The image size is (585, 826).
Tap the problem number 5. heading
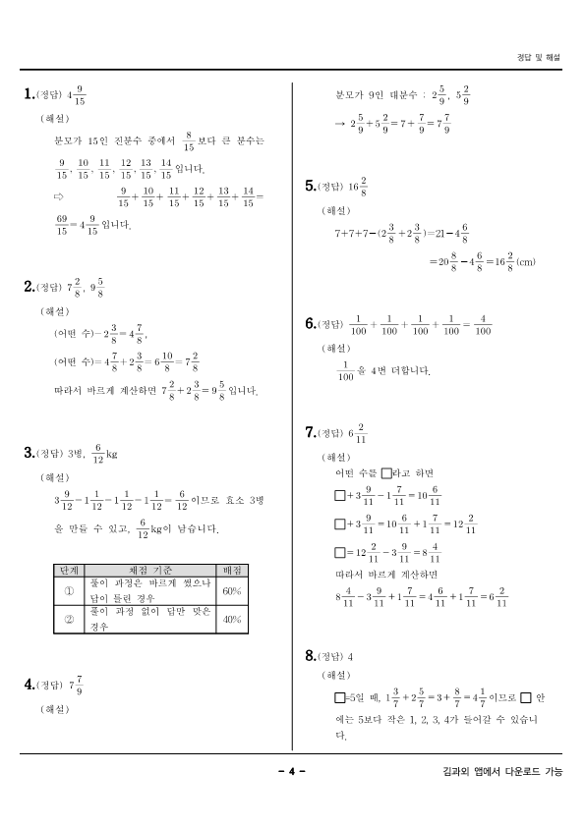click(311, 186)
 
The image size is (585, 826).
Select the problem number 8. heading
click(311, 655)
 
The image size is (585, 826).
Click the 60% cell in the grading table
click(232, 591)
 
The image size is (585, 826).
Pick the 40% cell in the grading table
click(232, 620)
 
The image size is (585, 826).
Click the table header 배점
click(232, 571)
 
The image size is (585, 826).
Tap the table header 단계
click(70, 571)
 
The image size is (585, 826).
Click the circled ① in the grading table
click(70, 591)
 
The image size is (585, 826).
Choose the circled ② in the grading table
click(70, 620)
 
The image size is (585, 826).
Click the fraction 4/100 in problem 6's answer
click(482, 325)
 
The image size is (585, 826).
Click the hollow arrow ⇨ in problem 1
click(59, 196)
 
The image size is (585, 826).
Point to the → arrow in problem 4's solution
click(340, 125)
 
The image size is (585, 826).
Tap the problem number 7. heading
click(311, 432)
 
